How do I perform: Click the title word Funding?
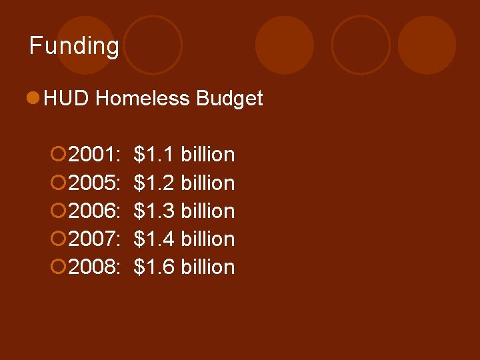point(74,46)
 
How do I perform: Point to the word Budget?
point(229,99)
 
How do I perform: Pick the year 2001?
point(93,155)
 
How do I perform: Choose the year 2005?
point(93,183)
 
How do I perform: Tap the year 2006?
point(93,211)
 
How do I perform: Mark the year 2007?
point(93,239)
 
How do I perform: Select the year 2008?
point(93,267)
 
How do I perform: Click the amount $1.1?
point(154,155)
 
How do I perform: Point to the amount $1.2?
point(154,183)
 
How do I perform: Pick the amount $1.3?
point(154,211)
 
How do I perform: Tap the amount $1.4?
point(154,239)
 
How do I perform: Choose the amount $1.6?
point(154,267)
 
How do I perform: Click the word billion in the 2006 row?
point(207,211)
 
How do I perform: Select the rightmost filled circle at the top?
point(427,45)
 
